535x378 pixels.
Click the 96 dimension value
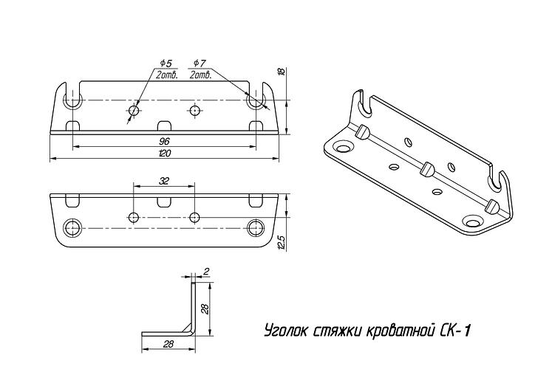coord(164,141)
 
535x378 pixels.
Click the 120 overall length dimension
coord(165,153)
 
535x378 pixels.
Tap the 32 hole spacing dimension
coord(164,181)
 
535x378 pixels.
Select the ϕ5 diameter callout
coord(166,63)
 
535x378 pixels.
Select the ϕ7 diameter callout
coord(200,63)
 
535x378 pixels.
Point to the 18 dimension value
coord(282,72)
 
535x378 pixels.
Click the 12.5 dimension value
coord(282,243)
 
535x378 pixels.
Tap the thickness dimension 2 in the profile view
coord(205,271)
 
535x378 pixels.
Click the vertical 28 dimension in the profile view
coord(205,309)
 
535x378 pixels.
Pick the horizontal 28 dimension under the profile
coord(168,344)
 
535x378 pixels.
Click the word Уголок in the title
coord(287,330)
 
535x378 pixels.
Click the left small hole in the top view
coord(134,111)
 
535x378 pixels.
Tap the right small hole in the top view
coord(194,111)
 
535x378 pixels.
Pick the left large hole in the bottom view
coord(72,227)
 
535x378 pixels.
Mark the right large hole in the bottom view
coord(256,227)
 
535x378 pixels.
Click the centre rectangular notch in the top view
coord(164,126)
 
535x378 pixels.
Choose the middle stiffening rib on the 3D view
coord(427,169)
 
